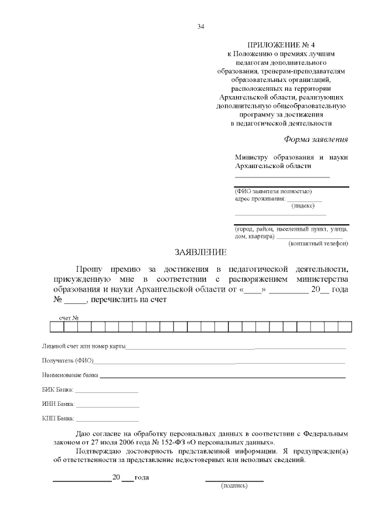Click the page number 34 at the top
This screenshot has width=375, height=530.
pos(201,26)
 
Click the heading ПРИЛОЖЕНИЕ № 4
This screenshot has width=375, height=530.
pos(281,45)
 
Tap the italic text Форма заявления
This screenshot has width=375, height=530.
pos(316,139)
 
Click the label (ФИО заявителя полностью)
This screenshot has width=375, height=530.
pos(273,192)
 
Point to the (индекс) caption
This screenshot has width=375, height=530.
pos(303,206)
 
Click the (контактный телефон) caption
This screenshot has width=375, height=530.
pos(319,243)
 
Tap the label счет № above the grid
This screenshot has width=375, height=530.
pos(69,318)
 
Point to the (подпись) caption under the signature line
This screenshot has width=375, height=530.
pos(234,486)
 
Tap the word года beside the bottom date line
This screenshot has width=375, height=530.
pos(142,477)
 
